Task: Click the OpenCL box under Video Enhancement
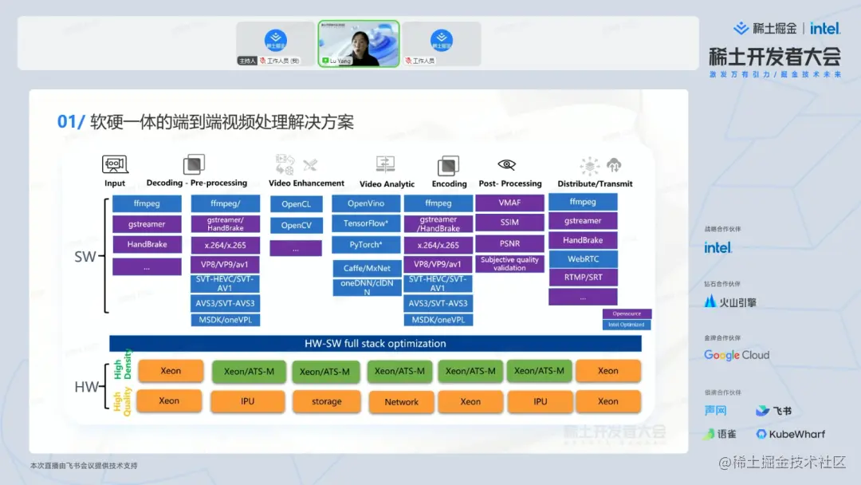tap(295, 204)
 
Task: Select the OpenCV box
tap(295, 226)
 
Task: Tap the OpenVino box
tap(366, 203)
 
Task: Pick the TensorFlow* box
tap(366, 223)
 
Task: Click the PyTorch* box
tap(366, 244)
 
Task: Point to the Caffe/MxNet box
tap(366, 268)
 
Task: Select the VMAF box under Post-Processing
tap(509, 203)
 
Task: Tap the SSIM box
tap(509, 223)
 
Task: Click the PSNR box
tap(509, 242)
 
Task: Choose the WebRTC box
tap(583, 258)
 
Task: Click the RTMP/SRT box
tap(583, 278)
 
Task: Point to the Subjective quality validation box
tap(509, 264)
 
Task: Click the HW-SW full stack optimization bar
tap(375, 344)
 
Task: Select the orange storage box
tap(326, 401)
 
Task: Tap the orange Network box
tap(401, 401)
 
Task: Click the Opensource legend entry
tap(627, 313)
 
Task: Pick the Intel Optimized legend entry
tap(627, 325)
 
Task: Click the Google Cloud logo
tap(737, 355)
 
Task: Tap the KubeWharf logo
tap(791, 434)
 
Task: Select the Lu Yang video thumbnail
tap(359, 43)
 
